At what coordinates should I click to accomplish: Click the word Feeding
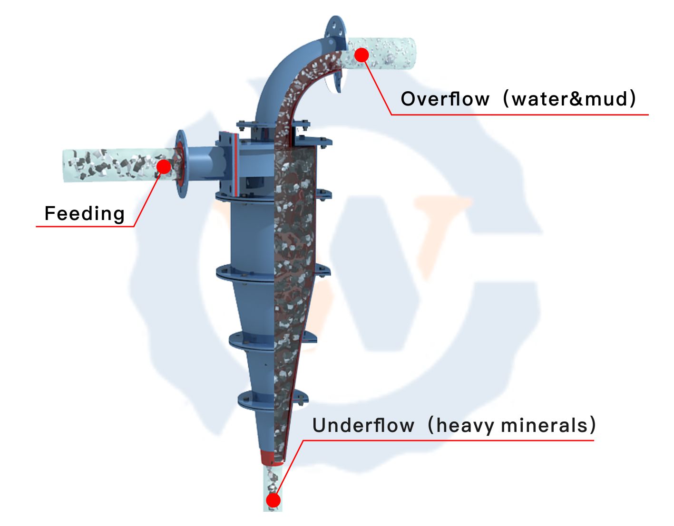(x=84, y=214)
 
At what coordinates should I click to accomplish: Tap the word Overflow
(x=445, y=99)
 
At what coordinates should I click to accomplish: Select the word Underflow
(x=363, y=425)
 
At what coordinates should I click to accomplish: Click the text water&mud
(x=570, y=99)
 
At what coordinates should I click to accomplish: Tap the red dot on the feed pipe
(x=164, y=166)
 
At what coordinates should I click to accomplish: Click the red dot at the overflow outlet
(x=361, y=55)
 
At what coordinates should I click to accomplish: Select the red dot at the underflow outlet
(x=273, y=500)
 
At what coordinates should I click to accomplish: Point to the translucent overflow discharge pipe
(x=390, y=53)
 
